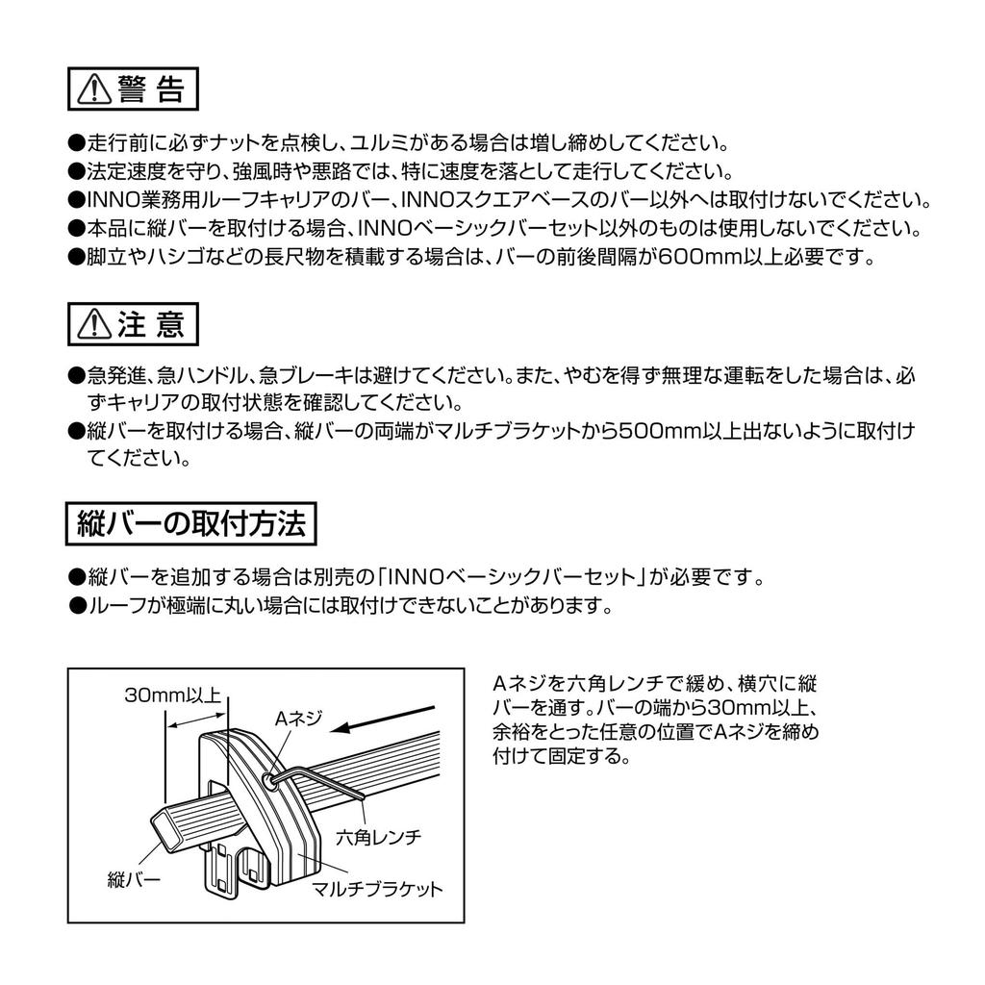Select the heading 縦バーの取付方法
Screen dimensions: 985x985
189,524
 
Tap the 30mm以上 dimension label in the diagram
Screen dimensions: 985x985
173,695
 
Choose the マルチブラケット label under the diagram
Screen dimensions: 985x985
378,889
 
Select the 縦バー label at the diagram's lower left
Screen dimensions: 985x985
132,878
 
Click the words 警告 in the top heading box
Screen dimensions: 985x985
152,89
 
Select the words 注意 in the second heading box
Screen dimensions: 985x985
151,325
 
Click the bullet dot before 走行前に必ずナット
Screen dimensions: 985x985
77,145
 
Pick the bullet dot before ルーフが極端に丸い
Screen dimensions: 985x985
77,606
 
